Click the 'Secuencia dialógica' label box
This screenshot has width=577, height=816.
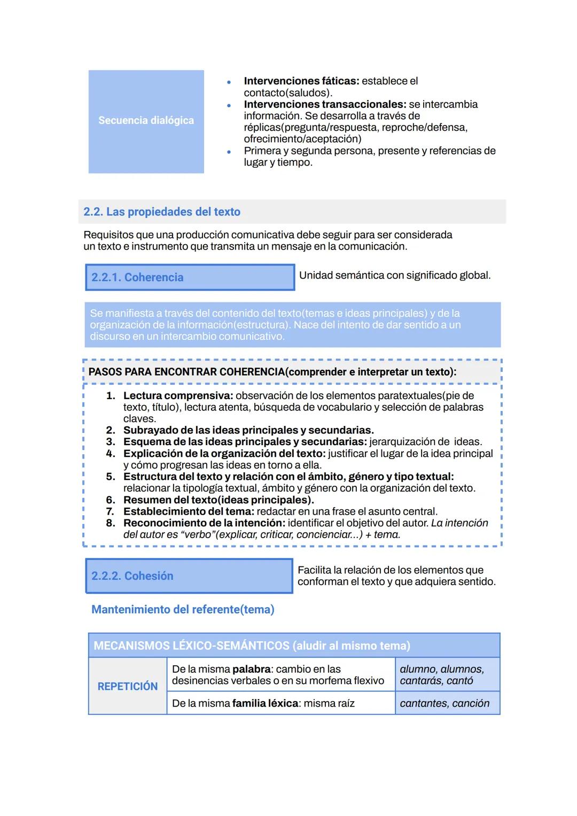pyautogui.click(x=146, y=121)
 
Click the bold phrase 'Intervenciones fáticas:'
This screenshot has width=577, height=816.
pyautogui.click(x=301, y=81)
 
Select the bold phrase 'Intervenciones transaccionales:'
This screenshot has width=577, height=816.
pyautogui.click(x=325, y=105)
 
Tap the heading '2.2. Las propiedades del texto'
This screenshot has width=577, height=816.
pyautogui.click(x=162, y=212)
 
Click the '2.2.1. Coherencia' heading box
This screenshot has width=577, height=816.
pyautogui.click(x=190, y=277)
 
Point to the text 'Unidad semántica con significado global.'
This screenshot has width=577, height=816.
pyautogui.click(x=394, y=276)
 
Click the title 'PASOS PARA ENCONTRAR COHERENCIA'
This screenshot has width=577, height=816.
pyautogui.click(x=186, y=372)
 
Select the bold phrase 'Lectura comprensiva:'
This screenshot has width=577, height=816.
pyautogui.click(x=178, y=396)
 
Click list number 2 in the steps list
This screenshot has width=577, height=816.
pyautogui.click(x=111, y=431)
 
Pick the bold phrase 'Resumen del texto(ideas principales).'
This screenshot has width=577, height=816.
pyautogui.click(x=218, y=500)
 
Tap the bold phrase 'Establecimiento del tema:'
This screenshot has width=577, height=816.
pyautogui.click(x=189, y=512)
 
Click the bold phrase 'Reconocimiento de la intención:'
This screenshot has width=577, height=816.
pyautogui.click(x=204, y=523)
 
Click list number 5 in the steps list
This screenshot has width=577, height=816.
pyautogui.click(x=111, y=477)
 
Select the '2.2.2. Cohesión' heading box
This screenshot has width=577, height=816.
pyautogui.click(x=189, y=576)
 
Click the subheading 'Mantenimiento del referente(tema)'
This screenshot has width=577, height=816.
pyautogui.click(x=183, y=610)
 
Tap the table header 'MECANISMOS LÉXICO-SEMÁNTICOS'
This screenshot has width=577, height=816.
pyautogui.click(x=191, y=646)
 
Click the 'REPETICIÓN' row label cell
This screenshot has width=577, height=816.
pyautogui.click(x=128, y=687)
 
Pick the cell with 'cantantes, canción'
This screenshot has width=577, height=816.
pyautogui.click(x=445, y=704)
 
